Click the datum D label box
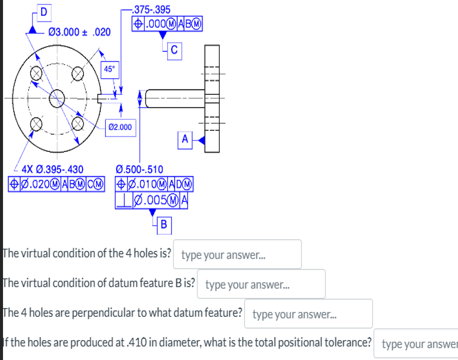(x=43, y=13)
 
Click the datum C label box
(x=174, y=49)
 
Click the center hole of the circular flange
(x=57, y=97)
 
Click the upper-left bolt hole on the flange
(x=36, y=73)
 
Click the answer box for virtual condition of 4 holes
(x=239, y=254)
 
